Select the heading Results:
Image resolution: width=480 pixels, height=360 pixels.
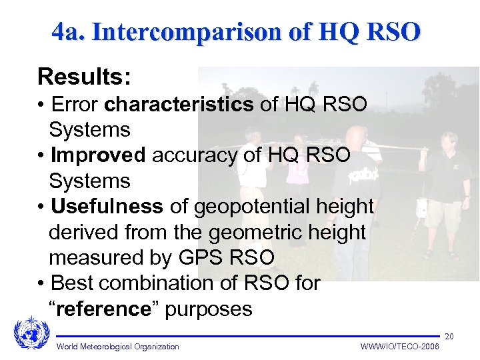pyautogui.click(x=84, y=76)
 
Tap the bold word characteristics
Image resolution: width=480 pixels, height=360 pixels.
pyautogui.click(x=179, y=105)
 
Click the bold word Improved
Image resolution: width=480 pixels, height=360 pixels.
pyautogui.click(x=98, y=155)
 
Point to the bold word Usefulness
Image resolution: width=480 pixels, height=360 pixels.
pyautogui.click(x=107, y=207)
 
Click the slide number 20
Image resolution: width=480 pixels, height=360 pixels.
pyautogui.click(x=449, y=336)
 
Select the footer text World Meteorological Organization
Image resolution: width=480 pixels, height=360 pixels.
pyautogui.click(x=118, y=347)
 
